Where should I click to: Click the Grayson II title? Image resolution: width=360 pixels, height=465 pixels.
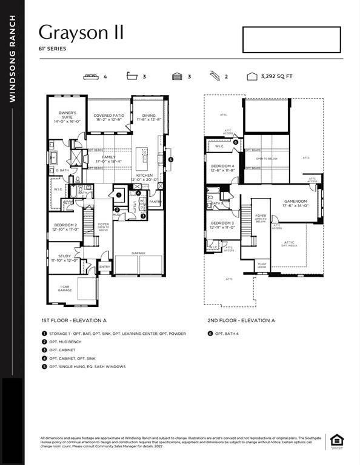81,32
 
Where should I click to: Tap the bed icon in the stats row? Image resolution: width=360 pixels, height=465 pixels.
92,77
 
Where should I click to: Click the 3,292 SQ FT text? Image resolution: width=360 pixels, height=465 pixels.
277,77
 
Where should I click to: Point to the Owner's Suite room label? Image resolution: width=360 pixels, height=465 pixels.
67,117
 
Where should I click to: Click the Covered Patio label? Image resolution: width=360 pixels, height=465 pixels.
109,117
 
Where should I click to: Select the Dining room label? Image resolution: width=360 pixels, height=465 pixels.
149,117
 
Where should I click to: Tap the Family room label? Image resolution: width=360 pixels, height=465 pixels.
109,159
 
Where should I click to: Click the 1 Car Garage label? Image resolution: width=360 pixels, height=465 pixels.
64,288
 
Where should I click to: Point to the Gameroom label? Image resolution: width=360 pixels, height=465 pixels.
295,203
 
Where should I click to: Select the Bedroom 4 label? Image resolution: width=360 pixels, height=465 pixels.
222,168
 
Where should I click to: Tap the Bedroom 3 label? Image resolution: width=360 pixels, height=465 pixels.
222,225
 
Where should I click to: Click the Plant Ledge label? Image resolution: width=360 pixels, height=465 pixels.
262,265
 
